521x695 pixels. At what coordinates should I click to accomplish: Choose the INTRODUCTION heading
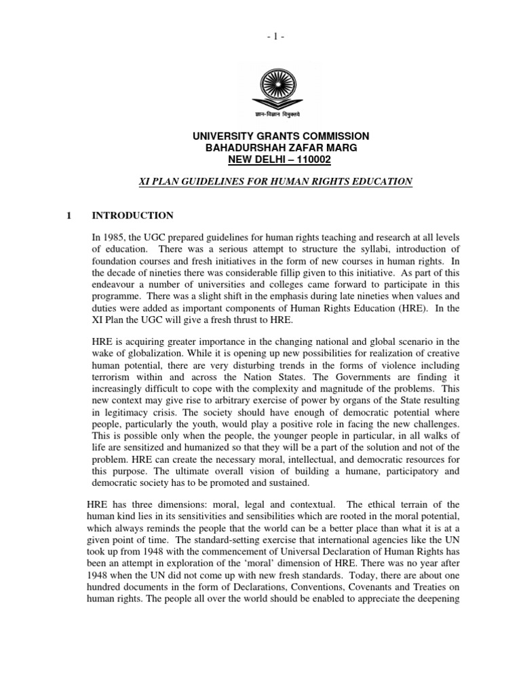(132, 216)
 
